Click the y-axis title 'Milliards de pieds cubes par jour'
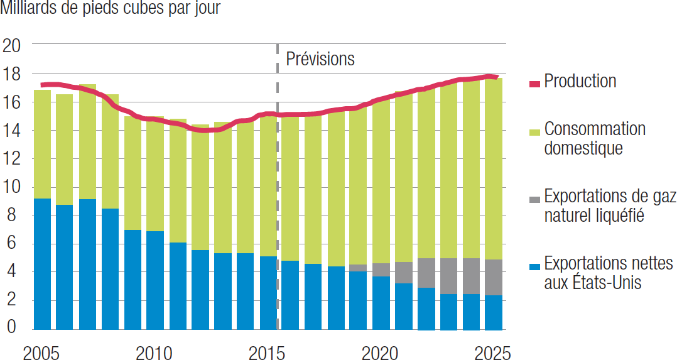(111, 9)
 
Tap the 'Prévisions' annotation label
(320, 59)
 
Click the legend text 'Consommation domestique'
(594, 138)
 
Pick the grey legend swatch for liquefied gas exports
(534, 199)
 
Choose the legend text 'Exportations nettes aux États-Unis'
(608, 273)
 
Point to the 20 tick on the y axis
(12, 45)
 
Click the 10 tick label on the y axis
(12, 187)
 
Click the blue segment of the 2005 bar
(42, 264)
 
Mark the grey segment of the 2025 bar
(493, 277)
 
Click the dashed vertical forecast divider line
(277, 188)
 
